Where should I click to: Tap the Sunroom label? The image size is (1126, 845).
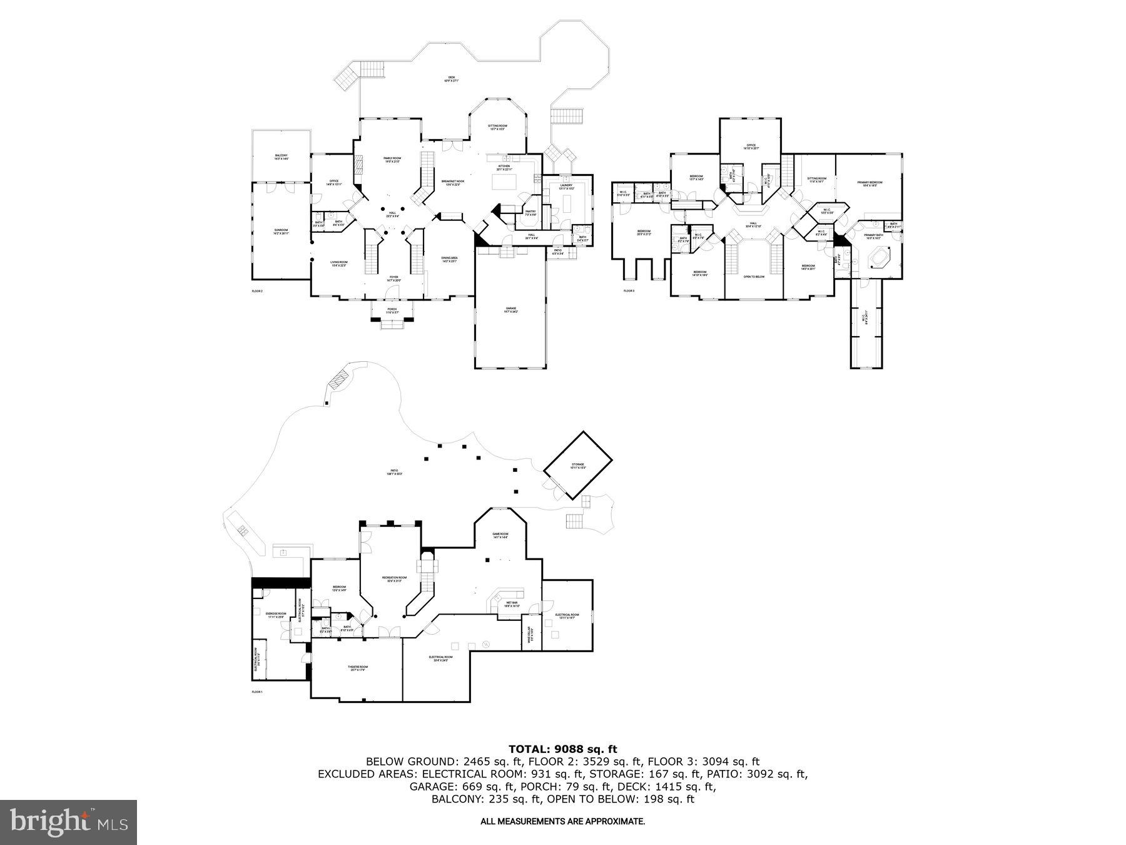(x=281, y=231)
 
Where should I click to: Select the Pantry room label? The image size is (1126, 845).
(x=530, y=213)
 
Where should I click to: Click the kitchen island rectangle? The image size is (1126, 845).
(x=505, y=182)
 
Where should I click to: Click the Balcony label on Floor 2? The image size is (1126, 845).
(x=281, y=157)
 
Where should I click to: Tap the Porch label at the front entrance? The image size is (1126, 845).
(x=392, y=310)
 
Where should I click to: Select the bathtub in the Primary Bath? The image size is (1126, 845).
(x=880, y=257)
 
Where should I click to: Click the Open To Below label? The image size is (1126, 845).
(x=754, y=276)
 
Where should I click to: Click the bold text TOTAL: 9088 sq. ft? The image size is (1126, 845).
(x=562, y=749)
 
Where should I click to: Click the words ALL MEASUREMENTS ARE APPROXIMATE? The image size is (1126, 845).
(x=562, y=821)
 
